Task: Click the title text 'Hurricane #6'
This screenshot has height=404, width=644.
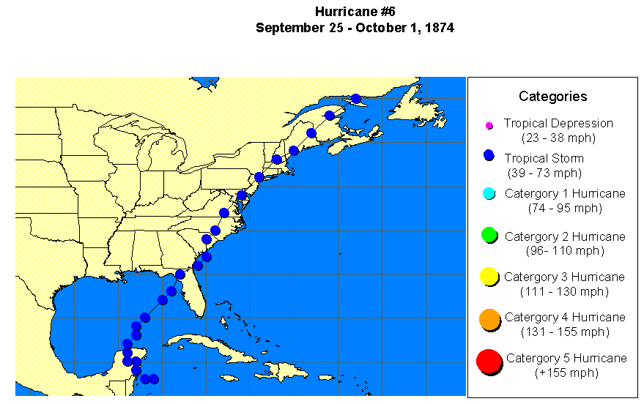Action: [x=355, y=12]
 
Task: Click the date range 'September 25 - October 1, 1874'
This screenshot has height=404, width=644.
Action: [x=355, y=28]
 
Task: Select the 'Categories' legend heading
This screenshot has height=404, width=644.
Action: [x=552, y=96]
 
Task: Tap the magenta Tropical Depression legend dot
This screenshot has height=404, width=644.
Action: [x=489, y=126]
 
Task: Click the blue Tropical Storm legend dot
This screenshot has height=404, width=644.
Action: [x=489, y=156]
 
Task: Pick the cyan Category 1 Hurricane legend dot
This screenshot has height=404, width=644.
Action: [x=489, y=194]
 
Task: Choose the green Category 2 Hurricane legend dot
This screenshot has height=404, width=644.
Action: [x=489, y=235]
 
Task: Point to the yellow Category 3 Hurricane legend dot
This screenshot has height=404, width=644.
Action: [x=489, y=277]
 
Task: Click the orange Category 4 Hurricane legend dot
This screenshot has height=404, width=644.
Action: [x=489, y=318]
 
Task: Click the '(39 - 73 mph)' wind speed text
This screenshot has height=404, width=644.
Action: [x=544, y=173]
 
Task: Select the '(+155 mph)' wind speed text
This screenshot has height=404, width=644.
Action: [x=566, y=373]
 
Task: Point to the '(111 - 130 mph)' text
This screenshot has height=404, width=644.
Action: [x=564, y=291]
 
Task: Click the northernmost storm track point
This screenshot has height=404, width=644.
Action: [x=356, y=99]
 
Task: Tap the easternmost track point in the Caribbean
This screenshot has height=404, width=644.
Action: [x=154, y=378]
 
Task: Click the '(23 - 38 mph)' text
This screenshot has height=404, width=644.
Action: [x=558, y=137]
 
